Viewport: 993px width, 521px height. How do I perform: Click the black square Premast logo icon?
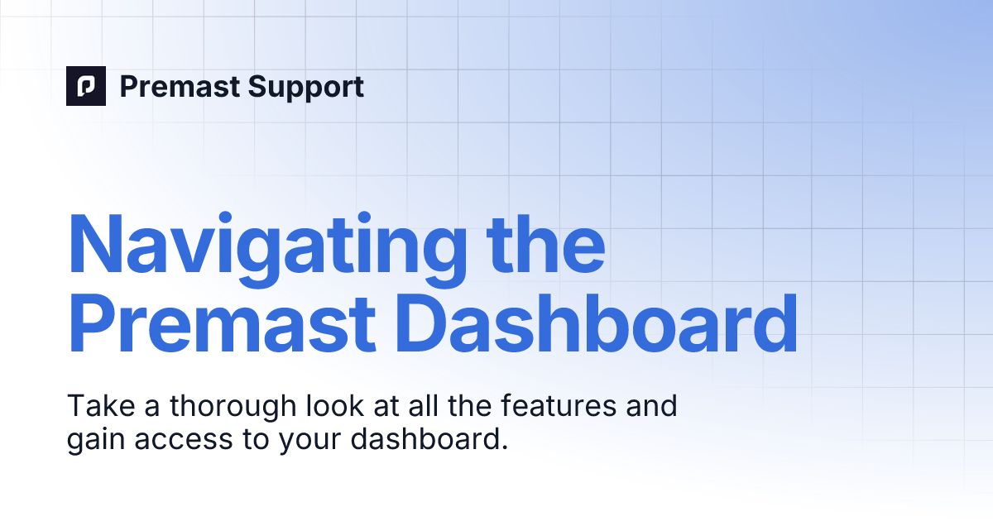pyautogui.click(x=86, y=86)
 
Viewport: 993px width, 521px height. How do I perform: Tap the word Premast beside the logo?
pyautogui.click(x=169, y=87)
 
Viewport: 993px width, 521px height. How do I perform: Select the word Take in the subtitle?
pyautogui.click(x=94, y=407)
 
